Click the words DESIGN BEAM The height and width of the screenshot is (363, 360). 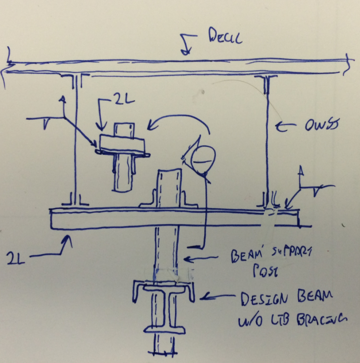pyautogui.click(x=286, y=299)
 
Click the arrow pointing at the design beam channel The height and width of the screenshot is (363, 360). pyautogui.click(x=210, y=298)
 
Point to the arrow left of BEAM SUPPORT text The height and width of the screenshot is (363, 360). pyautogui.click(x=194, y=260)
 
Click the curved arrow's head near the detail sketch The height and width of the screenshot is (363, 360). pyautogui.click(x=151, y=128)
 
